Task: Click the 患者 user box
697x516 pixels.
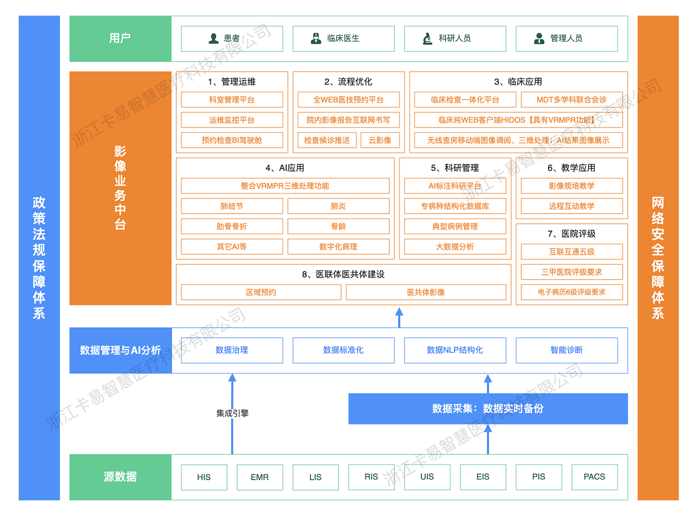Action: pos(232,39)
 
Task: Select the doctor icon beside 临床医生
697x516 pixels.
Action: pos(316,39)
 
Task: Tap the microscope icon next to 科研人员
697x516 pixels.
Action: pos(428,39)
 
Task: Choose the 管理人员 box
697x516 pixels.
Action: pos(567,39)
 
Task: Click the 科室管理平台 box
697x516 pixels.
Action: pos(232,100)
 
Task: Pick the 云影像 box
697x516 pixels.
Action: pos(380,140)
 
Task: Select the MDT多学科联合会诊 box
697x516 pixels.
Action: pos(571,100)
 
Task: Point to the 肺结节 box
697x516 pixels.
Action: pos(232,206)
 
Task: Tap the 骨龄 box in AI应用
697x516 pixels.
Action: pos(338,226)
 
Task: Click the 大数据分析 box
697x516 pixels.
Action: pos(455,247)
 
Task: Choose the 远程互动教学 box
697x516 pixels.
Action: pos(571,206)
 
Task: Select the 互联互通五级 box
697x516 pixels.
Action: pos(571,252)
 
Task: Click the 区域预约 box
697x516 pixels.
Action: pos(261,292)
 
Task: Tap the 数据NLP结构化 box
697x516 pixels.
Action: pos(455,350)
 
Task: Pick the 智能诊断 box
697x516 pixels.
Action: pos(567,350)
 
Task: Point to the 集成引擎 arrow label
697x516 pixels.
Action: pos(232,413)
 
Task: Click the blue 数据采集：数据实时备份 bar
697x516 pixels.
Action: pos(488,408)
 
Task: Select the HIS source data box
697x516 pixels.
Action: pos(204,477)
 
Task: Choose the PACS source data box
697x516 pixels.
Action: pos(594,477)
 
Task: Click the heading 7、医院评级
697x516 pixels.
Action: pos(571,234)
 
